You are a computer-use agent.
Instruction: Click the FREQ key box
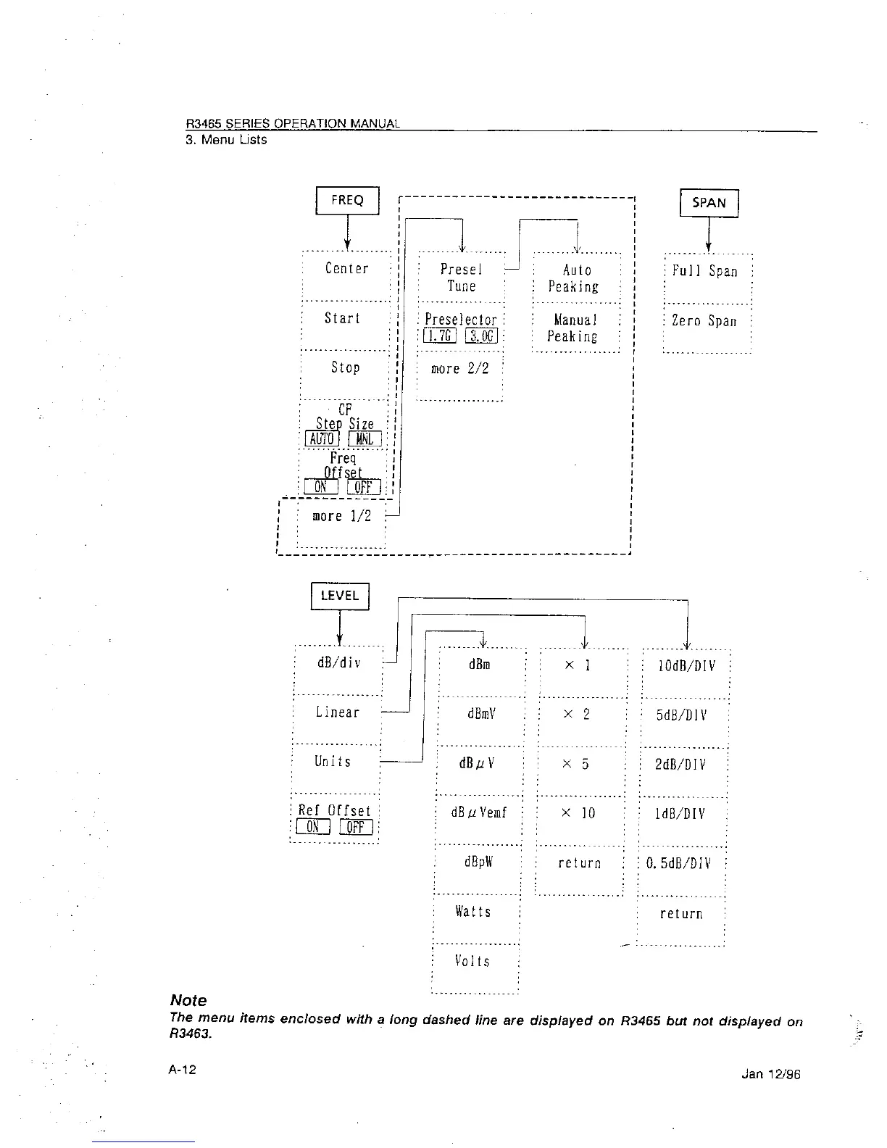[347, 201]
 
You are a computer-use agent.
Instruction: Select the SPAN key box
[709, 203]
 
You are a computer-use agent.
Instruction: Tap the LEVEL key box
[340, 596]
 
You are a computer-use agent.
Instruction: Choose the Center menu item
[346, 269]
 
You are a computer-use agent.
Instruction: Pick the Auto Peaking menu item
[575, 278]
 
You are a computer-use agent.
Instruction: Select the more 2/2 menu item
[459, 369]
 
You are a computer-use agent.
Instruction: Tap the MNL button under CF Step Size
[365, 439]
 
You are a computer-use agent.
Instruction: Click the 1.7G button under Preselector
[438, 336]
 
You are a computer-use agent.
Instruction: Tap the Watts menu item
[473, 912]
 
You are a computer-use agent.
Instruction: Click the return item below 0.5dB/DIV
[680, 914]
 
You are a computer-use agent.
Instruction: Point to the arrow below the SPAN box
[708, 233]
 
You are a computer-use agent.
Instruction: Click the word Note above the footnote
[188, 1000]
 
